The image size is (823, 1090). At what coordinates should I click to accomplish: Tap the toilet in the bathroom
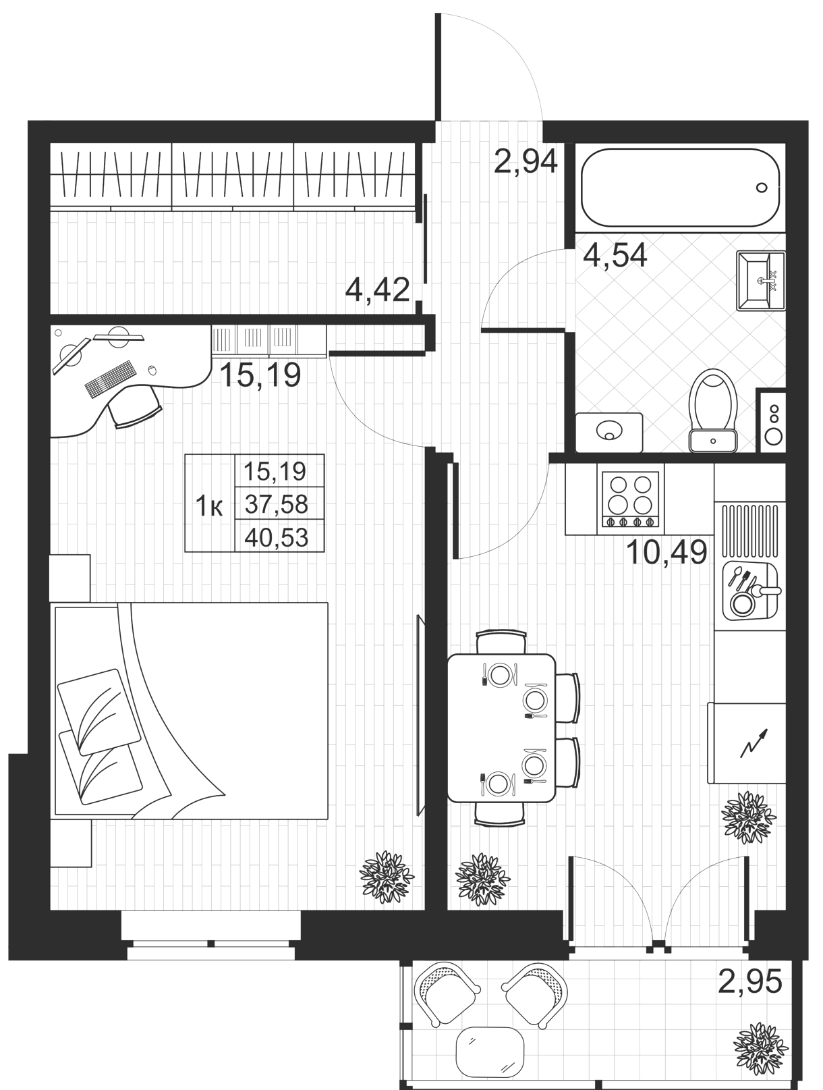[x=713, y=410]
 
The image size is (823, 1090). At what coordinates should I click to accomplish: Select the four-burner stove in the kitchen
[x=630, y=499]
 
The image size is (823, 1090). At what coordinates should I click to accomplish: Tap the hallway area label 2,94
[x=526, y=161]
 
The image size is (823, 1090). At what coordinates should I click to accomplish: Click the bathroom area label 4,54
[x=615, y=256]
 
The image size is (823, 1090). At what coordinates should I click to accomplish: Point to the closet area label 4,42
[x=377, y=290]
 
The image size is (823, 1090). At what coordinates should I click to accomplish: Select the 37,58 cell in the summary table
[x=276, y=505]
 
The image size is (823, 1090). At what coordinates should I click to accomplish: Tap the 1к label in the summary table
[x=209, y=507]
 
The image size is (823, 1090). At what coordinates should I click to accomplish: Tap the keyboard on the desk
[x=110, y=379]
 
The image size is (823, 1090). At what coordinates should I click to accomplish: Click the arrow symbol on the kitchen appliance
[x=754, y=742]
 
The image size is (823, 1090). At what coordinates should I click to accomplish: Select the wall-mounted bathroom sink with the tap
[x=760, y=281]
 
